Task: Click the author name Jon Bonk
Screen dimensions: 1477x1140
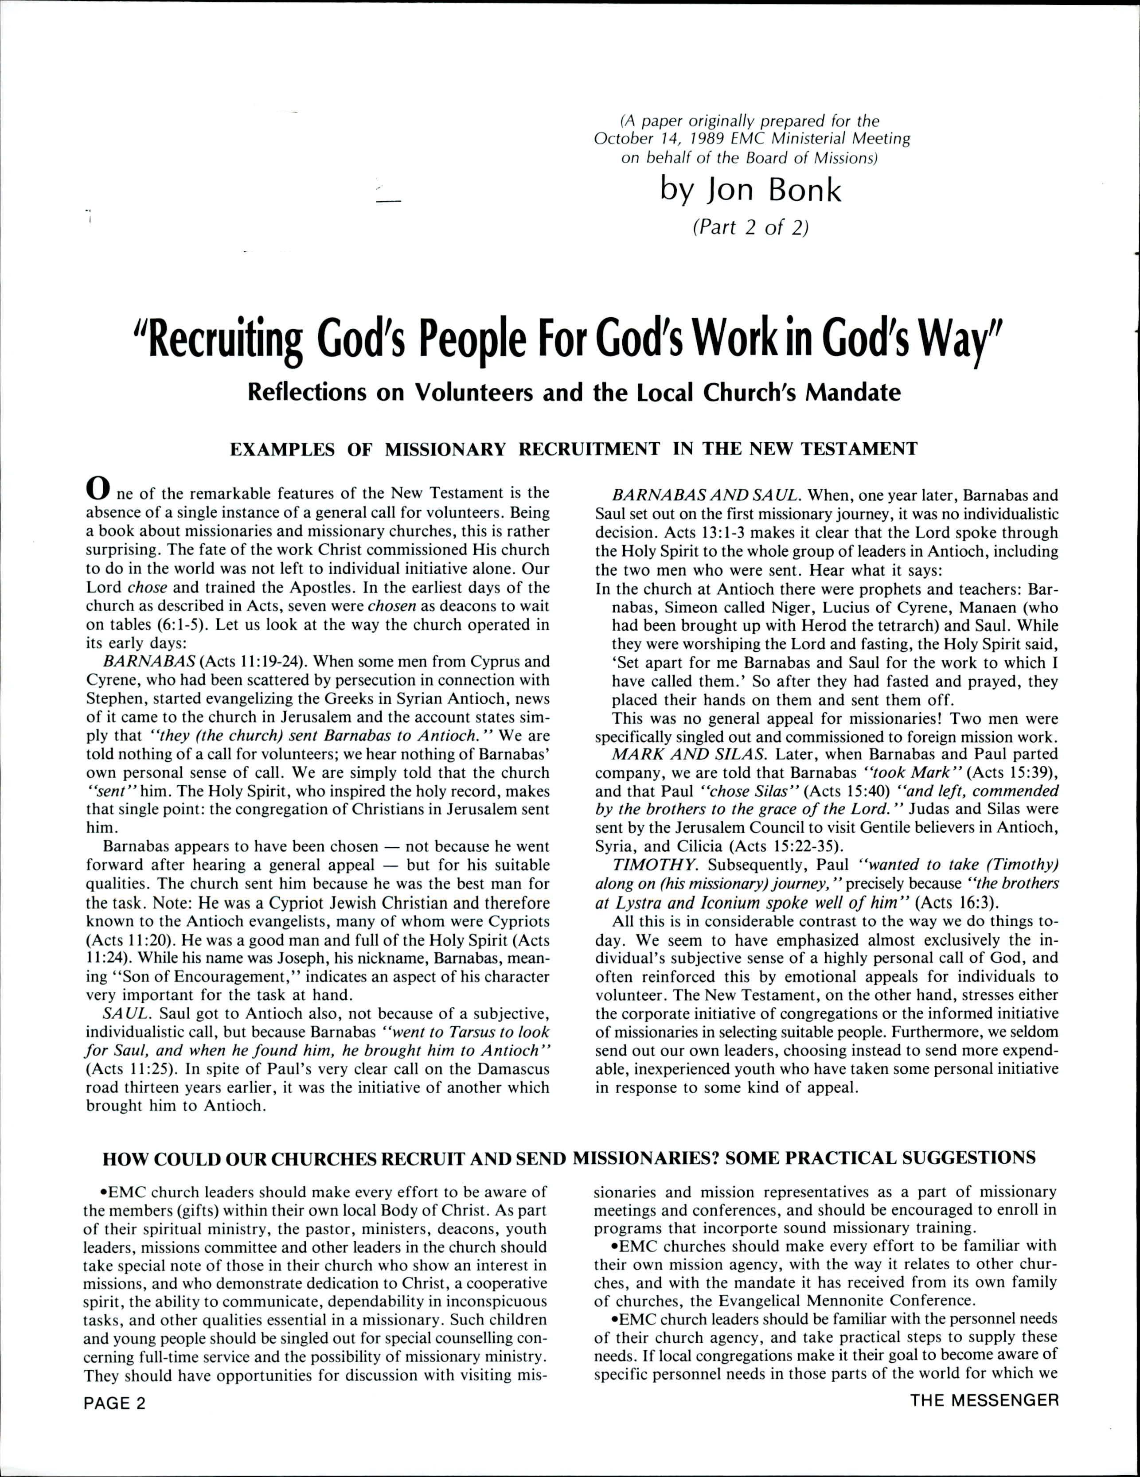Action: point(751,192)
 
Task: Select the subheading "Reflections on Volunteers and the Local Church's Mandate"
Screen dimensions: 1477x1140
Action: point(574,392)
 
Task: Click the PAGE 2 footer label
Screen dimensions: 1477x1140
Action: point(115,1402)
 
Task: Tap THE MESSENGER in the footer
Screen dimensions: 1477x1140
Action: point(984,1401)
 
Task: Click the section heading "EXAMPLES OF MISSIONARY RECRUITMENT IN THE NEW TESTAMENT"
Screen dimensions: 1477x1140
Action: point(574,449)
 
